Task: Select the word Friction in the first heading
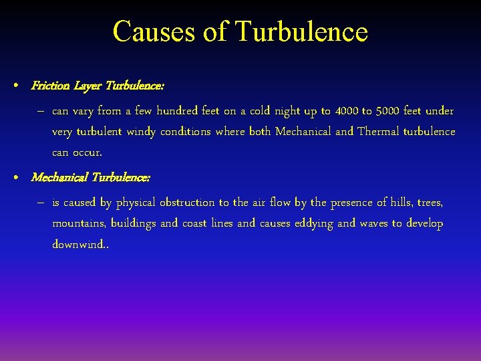click(x=49, y=86)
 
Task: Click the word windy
click(x=140, y=131)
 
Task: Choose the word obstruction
click(x=187, y=202)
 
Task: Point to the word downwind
click(x=78, y=244)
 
